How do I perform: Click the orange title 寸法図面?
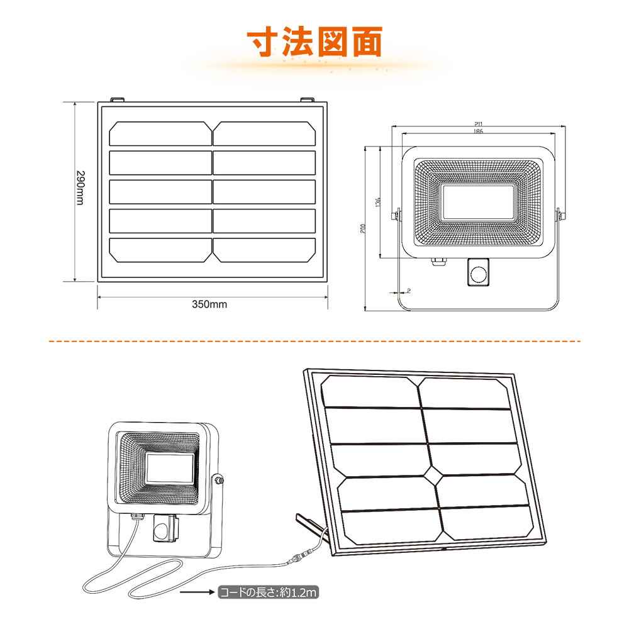coord(314,43)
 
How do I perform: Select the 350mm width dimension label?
coord(209,304)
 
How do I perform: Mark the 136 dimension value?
coord(377,203)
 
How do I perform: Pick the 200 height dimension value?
coord(364,228)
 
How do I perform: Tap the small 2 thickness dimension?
coord(408,291)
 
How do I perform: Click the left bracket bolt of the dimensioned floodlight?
coord(396,215)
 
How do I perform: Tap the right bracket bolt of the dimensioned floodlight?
coord(559,215)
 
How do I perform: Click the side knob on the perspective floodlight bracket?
coord(220,481)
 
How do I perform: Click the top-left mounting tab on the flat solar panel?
coord(117,100)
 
